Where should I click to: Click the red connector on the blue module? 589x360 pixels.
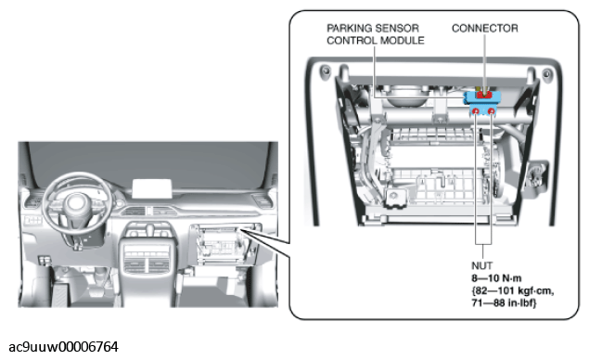coord(484,95)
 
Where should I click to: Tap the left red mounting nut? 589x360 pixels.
coord(476,110)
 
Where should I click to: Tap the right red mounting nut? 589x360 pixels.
coord(492,110)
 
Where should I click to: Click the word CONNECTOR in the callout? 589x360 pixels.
coord(485,28)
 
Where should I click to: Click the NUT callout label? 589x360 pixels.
coord(481,265)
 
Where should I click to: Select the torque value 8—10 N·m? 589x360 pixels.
coord(496,278)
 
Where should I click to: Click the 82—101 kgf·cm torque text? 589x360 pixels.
coord(513,290)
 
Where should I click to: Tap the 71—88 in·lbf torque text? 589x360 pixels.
coord(504,302)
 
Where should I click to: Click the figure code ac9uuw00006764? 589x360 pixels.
coord(63,346)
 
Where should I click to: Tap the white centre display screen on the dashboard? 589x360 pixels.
coord(152,188)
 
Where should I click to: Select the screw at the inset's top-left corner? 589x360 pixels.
coord(325,70)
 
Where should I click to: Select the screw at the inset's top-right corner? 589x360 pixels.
coord(546,73)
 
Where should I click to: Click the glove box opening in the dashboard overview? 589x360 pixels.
coord(224,244)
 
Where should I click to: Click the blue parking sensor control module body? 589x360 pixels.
coord(482,101)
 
